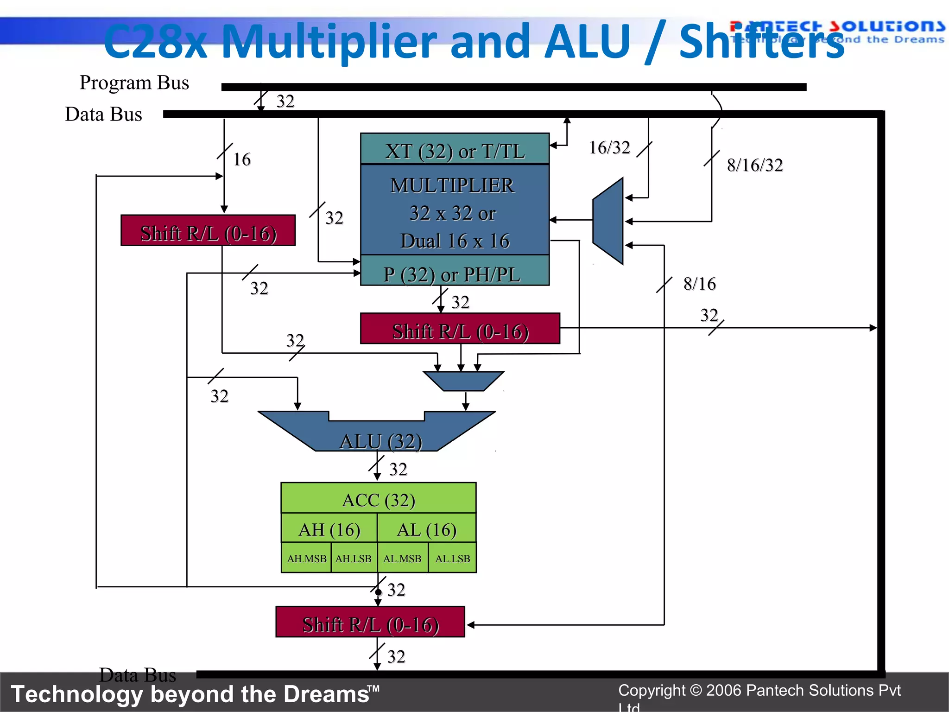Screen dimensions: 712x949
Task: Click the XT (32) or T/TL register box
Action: tap(455, 149)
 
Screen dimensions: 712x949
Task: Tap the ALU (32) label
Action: tap(380, 441)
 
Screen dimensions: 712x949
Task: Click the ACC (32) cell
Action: tap(378, 499)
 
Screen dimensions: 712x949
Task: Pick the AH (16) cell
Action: tap(329, 528)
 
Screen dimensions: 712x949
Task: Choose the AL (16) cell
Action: tap(426, 528)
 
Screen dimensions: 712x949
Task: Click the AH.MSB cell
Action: tap(306, 558)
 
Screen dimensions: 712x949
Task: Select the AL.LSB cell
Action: tap(452, 558)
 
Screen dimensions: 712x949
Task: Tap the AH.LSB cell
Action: tap(354, 558)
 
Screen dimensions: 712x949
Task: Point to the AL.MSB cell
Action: tap(402, 558)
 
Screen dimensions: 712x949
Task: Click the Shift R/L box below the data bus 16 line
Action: tap(208, 231)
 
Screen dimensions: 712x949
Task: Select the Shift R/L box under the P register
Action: tap(460, 329)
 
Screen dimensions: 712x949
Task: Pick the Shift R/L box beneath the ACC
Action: tap(370, 623)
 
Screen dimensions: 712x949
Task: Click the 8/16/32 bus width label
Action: tap(754, 165)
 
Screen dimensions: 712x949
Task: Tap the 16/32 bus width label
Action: tap(609, 147)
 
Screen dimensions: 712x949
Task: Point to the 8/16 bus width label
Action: tap(699, 283)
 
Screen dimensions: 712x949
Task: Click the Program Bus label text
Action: tap(134, 83)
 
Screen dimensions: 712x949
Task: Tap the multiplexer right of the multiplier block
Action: tap(608, 221)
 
